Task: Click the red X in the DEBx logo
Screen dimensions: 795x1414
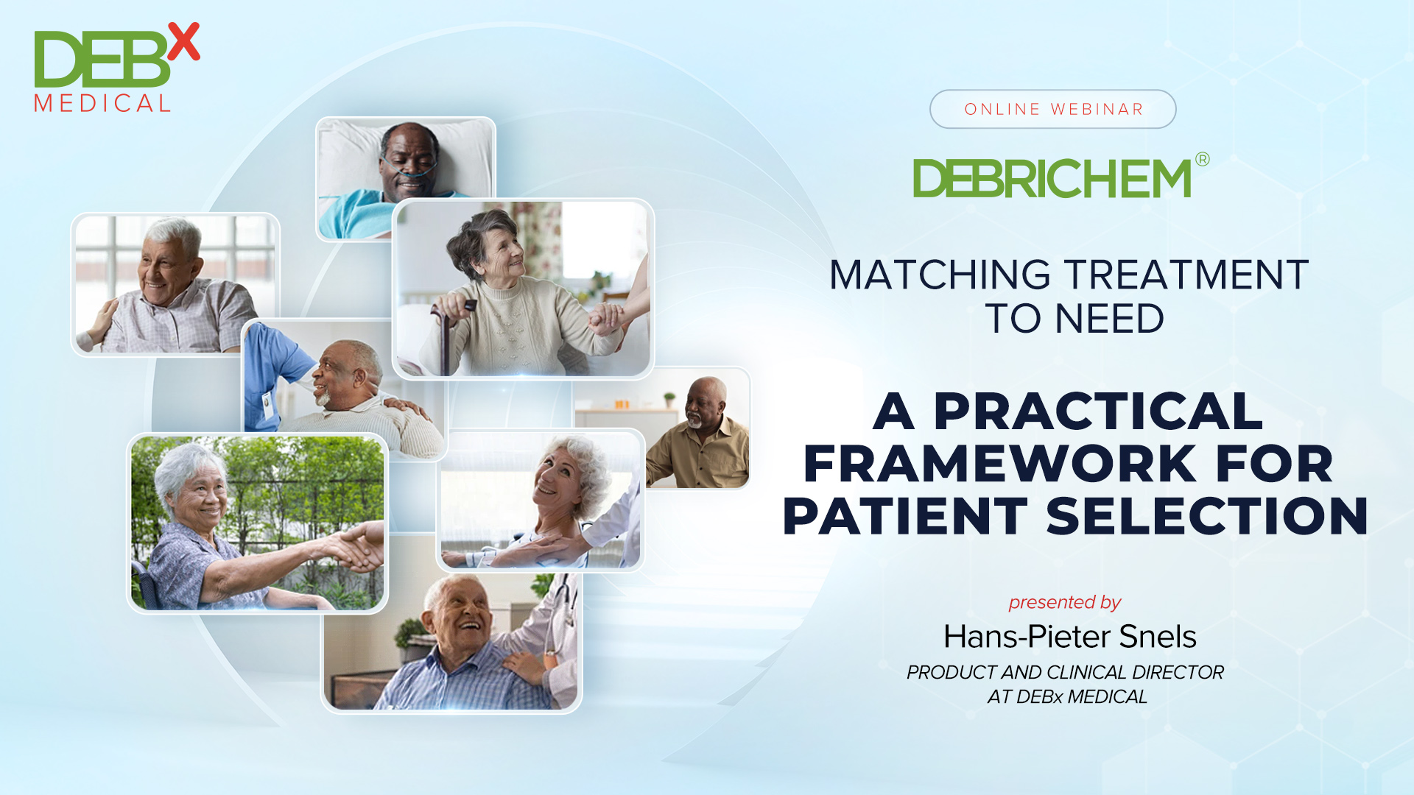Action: pos(183,41)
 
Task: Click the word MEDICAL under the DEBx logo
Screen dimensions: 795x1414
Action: pos(102,104)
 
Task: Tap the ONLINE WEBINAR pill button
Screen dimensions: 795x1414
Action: pos(1052,109)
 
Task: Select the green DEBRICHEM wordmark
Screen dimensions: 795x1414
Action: pos(1052,179)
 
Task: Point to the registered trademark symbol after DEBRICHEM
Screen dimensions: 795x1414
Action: pos(1202,160)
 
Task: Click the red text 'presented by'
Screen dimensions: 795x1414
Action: pos(1064,602)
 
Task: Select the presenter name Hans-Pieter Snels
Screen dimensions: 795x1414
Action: pos(1069,637)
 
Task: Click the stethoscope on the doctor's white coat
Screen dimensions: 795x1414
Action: pos(563,596)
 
